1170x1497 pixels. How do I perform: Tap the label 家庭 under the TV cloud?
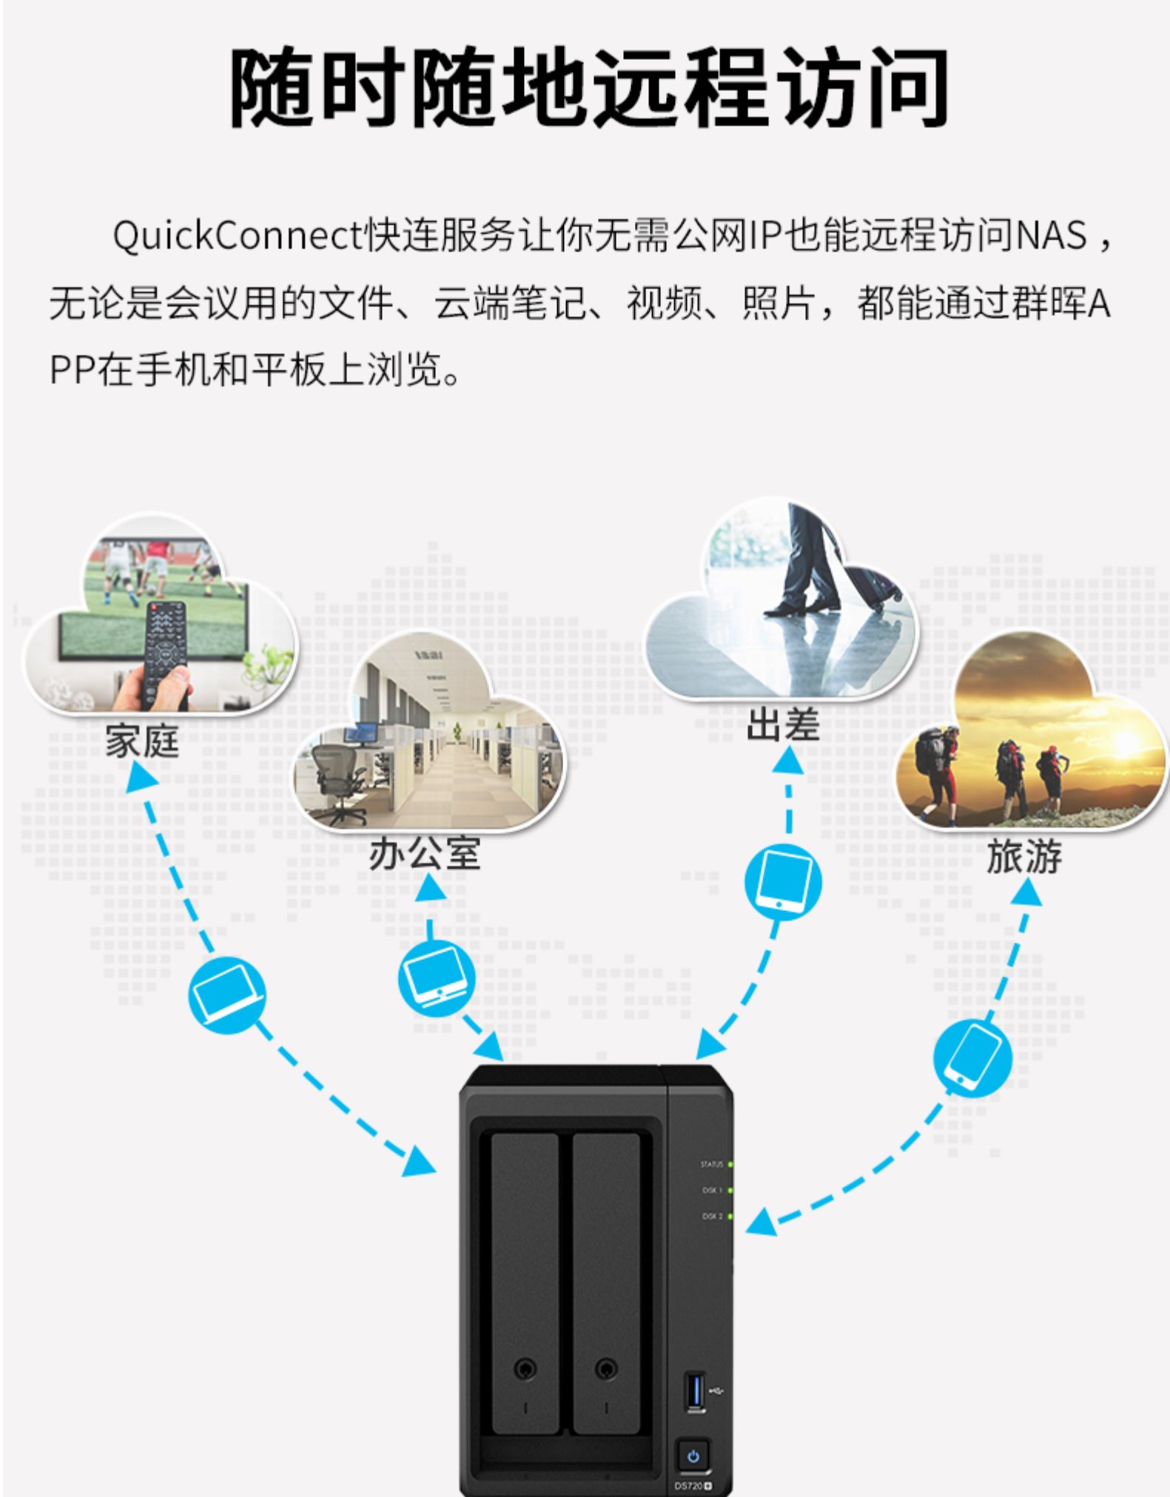(x=143, y=741)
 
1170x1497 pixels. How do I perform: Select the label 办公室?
(x=425, y=854)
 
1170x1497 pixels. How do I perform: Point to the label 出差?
(x=783, y=724)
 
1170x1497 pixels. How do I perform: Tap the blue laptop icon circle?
(x=227, y=991)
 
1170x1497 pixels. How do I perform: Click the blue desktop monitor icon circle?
(x=437, y=979)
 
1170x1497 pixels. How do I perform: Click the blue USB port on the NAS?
(x=695, y=1390)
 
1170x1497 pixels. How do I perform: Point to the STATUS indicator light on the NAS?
(x=730, y=1165)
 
